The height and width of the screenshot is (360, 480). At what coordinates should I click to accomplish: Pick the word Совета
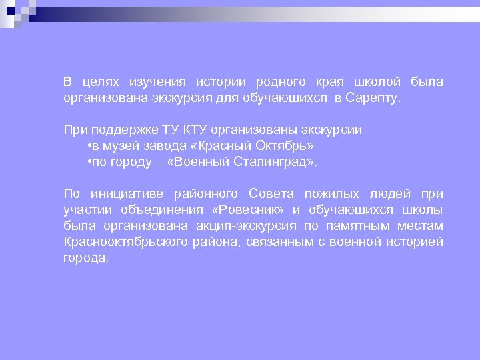(x=271, y=194)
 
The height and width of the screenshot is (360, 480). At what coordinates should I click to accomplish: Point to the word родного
(x=281, y=82)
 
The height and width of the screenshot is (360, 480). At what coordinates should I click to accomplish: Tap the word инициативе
(x=128, y=194)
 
